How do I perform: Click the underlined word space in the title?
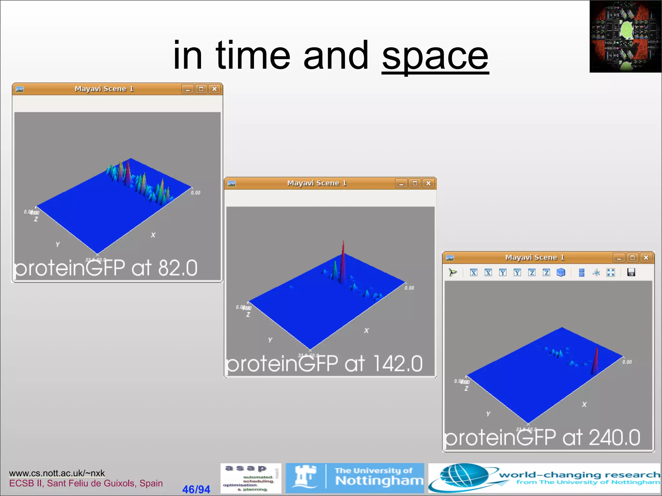coord(435,57)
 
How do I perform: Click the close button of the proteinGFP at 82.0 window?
coord(215,89)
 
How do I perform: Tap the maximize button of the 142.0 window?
coord(415,183)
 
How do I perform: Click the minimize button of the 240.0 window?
coord(619,258)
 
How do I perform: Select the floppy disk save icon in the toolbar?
coord(631,273)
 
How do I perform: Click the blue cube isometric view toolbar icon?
coord(561,273)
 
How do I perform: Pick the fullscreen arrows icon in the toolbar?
coord(611,273)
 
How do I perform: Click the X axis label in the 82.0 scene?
coord(153,235)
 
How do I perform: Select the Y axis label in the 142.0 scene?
coord(270,340)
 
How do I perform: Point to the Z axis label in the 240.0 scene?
coord(466,389)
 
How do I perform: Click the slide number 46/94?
coord(196,489)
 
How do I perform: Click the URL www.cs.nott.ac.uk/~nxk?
coord(57,473)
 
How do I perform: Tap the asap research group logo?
coord(251,478)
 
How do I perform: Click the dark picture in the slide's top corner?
coord(625,36)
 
